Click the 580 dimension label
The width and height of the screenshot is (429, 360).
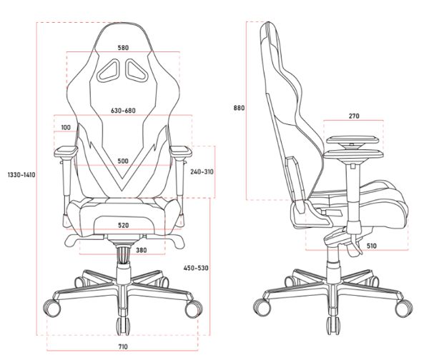point(123,48)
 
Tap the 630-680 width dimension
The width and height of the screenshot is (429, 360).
point(123,111)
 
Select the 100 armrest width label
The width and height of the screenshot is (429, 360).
point(66,127)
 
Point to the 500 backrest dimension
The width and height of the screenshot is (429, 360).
point(123,161)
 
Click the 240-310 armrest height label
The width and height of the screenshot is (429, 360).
point(202,172)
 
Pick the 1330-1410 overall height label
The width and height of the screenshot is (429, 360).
point(21,175)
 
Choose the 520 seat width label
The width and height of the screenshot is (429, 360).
point(123,226)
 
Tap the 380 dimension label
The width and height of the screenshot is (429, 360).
point(141,250)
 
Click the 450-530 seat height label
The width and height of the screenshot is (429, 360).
point(196,268)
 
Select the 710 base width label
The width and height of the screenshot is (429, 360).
point(123,347)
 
